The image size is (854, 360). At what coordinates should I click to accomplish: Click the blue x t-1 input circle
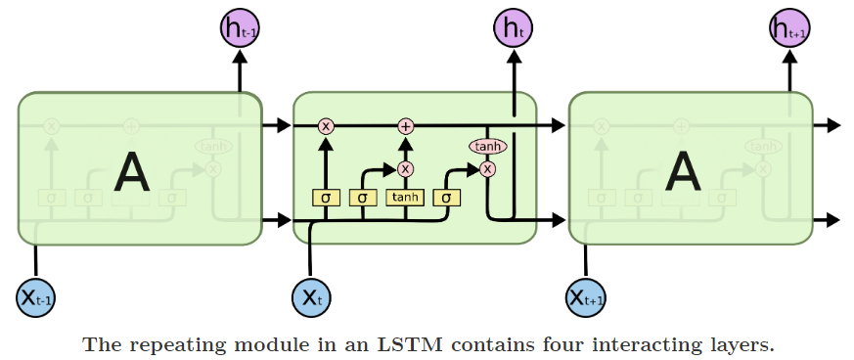(36, 297)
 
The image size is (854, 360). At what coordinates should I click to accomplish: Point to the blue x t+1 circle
(586, 297)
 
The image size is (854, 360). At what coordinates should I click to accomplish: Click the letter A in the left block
(131, 173)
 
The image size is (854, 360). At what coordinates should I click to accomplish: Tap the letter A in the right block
(682, 173)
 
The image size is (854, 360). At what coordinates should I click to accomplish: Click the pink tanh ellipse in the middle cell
(487, 147)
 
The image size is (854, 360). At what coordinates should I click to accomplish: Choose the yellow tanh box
(405, 198)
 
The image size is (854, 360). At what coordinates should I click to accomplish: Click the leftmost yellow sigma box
(326, 198)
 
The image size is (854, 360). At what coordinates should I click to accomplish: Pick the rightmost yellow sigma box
(446, 198)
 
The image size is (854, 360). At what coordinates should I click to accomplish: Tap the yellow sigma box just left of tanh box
(363, 198)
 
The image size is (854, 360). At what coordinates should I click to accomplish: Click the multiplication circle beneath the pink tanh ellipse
(487, 168)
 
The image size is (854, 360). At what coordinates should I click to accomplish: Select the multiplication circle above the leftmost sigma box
(326, 125)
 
